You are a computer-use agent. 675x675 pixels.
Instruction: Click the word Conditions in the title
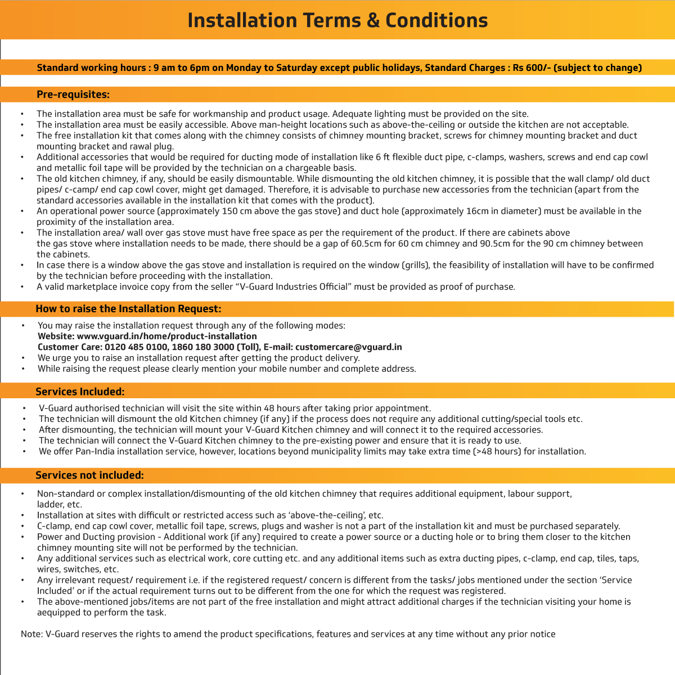436,20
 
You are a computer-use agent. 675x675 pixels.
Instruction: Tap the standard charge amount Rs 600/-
531,68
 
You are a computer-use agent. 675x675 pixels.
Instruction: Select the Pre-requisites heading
73,94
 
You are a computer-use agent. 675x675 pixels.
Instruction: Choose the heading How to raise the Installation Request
128,309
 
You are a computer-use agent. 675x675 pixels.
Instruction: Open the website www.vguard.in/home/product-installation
166,336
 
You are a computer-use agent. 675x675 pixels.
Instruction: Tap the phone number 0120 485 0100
136,347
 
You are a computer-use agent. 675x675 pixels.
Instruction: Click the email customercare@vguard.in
348,347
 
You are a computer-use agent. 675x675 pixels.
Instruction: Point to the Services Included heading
80,391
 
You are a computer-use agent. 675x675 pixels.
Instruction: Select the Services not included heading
89,475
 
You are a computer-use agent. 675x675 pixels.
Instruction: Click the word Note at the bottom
31,634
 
